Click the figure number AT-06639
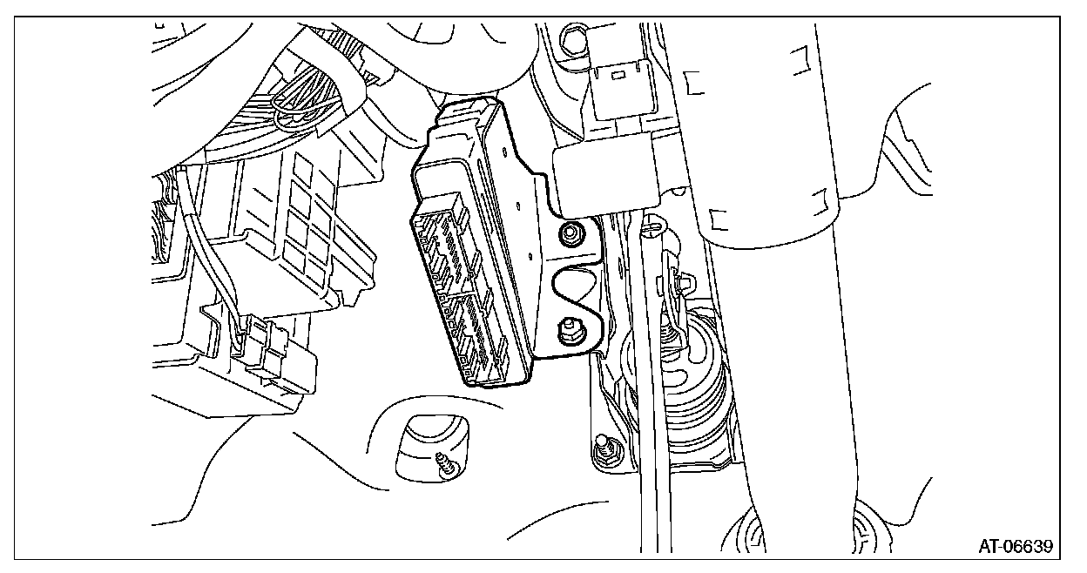coord(1016,546)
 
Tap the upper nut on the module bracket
coord(570,234)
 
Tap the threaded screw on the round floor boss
coord(444,466)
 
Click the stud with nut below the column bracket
coord(604,450)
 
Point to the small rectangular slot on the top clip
coord(618,75)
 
